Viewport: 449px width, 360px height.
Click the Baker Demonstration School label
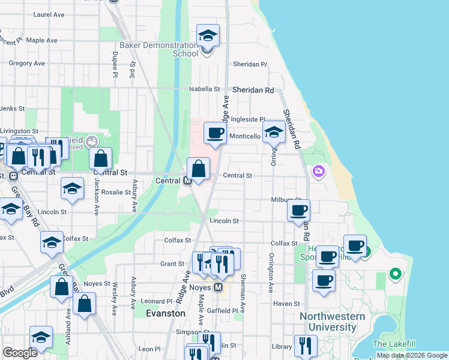click(159, 49)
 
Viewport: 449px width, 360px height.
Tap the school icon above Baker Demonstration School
click(208, 35)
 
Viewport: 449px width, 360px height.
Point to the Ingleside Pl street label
click(248, 119)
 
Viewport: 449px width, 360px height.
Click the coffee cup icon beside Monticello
click(215, 133)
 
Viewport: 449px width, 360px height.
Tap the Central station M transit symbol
click(187, 181)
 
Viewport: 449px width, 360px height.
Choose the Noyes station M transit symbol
click(220, 288)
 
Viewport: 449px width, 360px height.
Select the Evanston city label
click(166, 313)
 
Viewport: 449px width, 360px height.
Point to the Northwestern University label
click(332, 322)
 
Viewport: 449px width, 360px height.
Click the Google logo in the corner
click(20, 353)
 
